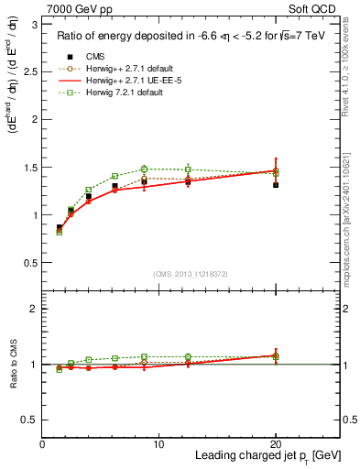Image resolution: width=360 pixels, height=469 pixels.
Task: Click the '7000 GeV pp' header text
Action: click(75, 8)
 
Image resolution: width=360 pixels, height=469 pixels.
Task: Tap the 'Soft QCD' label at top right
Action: click(315, 8)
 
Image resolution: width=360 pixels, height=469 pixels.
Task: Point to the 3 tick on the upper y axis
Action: click(34, 24)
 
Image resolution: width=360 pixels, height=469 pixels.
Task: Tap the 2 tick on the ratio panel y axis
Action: click(34, 309)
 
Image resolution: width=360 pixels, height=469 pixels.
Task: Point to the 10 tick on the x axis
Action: click(158, 444)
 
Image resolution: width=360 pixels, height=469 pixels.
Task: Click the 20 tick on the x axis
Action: click(275, 444)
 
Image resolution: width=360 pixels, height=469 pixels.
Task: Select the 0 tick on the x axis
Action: click(42, 444)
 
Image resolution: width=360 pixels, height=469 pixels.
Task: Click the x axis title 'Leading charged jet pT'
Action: click(266, 457)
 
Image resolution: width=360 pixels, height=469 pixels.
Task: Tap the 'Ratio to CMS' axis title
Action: click(13, 364)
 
